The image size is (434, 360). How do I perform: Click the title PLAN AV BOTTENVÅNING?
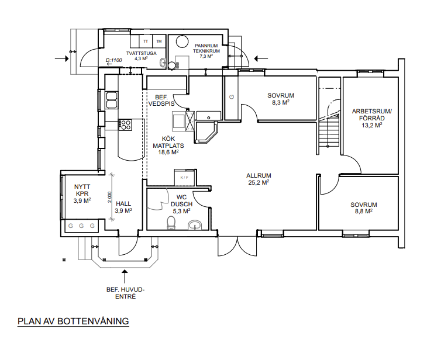[73, 321]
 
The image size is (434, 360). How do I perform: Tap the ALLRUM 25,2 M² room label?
[259, 179]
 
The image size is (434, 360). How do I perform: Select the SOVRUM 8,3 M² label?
[281, 99]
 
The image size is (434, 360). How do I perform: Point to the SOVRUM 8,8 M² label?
[363, 208]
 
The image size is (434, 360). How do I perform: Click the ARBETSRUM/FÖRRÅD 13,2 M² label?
[372, 118]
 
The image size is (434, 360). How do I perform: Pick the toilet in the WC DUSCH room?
[171, 223]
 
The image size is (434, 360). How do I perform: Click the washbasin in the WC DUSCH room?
[196, 225]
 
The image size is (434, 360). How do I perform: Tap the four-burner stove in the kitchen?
[125, 124]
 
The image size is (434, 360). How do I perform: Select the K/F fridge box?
[185, 177]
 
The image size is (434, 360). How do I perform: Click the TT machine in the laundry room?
[145, 41]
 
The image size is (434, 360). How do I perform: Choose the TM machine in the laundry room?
[159, 41]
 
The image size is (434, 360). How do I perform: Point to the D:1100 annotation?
[113, 60]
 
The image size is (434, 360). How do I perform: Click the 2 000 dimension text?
[109, 197]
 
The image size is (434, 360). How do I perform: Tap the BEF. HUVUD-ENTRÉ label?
[125, 293]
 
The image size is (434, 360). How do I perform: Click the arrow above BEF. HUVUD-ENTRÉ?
[125, 276]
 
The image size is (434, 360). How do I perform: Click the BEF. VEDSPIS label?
[161, 101]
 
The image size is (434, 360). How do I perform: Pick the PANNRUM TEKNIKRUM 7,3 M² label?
[206, 51]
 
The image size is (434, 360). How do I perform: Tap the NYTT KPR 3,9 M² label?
[82, 194]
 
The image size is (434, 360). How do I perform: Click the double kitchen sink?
[112, 100]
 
